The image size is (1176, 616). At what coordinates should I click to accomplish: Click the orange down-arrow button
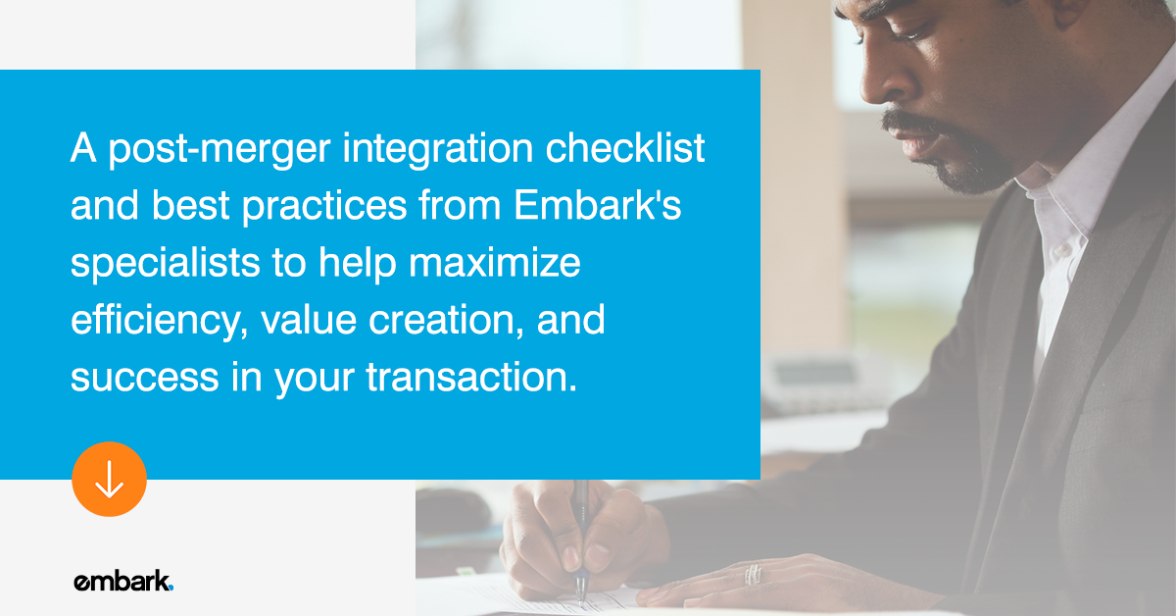coord(109,479)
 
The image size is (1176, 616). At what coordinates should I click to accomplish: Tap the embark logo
coord(123,581)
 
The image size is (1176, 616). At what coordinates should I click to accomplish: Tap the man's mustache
coord(906,126)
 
